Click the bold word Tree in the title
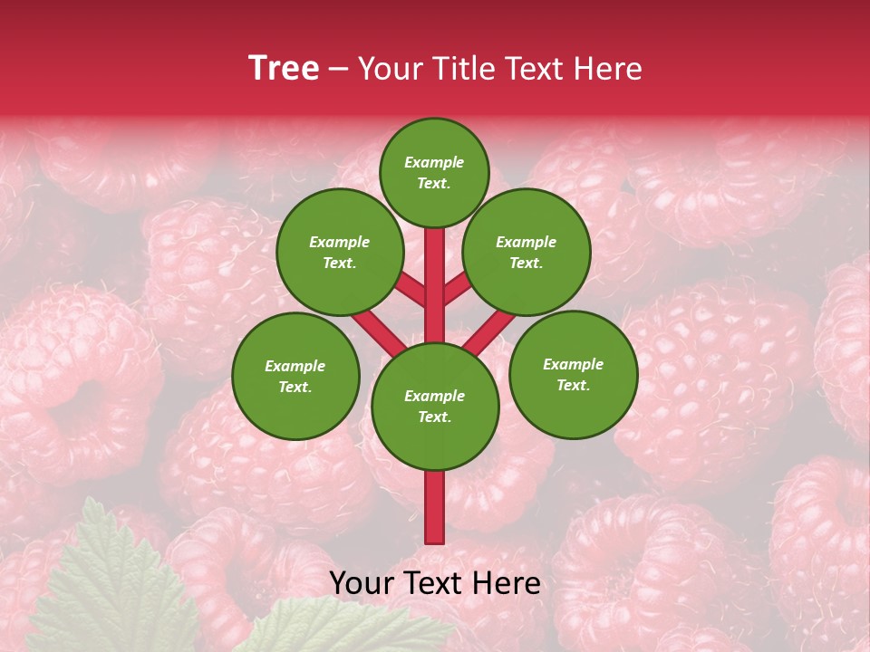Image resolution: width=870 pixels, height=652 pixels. pyautogui.click(x=284, y=69)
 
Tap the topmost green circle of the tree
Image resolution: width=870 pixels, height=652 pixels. pyautogui.click(x=434, y=172)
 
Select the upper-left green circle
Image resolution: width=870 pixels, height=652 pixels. pyautogui.click(x=340, y=252)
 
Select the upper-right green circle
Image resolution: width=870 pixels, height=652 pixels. pyautogui.click(x=527, y=252)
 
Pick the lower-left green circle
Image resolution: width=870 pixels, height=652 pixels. pyautogui.click(x=295, y=376)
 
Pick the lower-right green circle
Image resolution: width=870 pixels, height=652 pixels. pyautogui.click(x=574, y=374)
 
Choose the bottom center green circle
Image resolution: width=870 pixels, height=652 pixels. pyautogui.click(x=435, y=407)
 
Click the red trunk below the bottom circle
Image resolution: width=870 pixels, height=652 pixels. pyautogui.click(x=435, y=507)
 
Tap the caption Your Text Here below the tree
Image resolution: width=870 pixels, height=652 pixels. pyautogui.click(x=435, y=583)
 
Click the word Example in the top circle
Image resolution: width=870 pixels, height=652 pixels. pyautogui.click(x=434, y=162)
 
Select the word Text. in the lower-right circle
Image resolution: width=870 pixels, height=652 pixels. pyautogui.click(x=574, y=385)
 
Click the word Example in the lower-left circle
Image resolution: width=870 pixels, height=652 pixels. pyautogui.click(x=295, y=366)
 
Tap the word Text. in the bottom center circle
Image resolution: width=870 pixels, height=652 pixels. pyautogui.click(x=434, y=417)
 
